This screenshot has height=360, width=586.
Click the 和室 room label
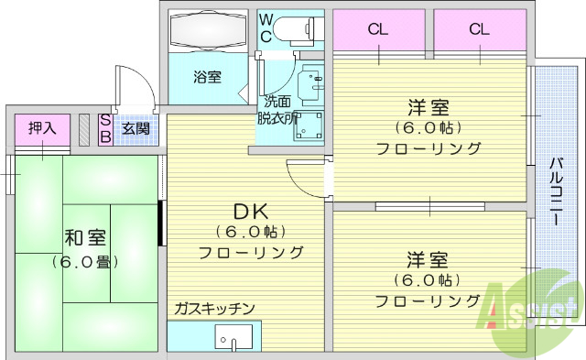coord(84,238)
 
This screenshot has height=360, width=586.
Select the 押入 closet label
coord(42,128)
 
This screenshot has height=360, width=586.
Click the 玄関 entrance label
coord(136,128)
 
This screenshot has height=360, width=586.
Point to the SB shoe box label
coord(105,129)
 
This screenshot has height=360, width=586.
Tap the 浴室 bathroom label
coord(206,77)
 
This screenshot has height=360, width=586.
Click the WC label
coord(266,27)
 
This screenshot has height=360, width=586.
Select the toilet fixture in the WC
coord(298,30)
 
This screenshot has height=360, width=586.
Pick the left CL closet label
coord(378,28)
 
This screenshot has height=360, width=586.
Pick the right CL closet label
coord(480,28)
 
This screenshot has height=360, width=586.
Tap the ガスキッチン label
coord(214,308)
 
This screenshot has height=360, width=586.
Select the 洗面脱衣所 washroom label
coord(278,110)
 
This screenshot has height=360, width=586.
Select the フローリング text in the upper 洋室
coord(429,148)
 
